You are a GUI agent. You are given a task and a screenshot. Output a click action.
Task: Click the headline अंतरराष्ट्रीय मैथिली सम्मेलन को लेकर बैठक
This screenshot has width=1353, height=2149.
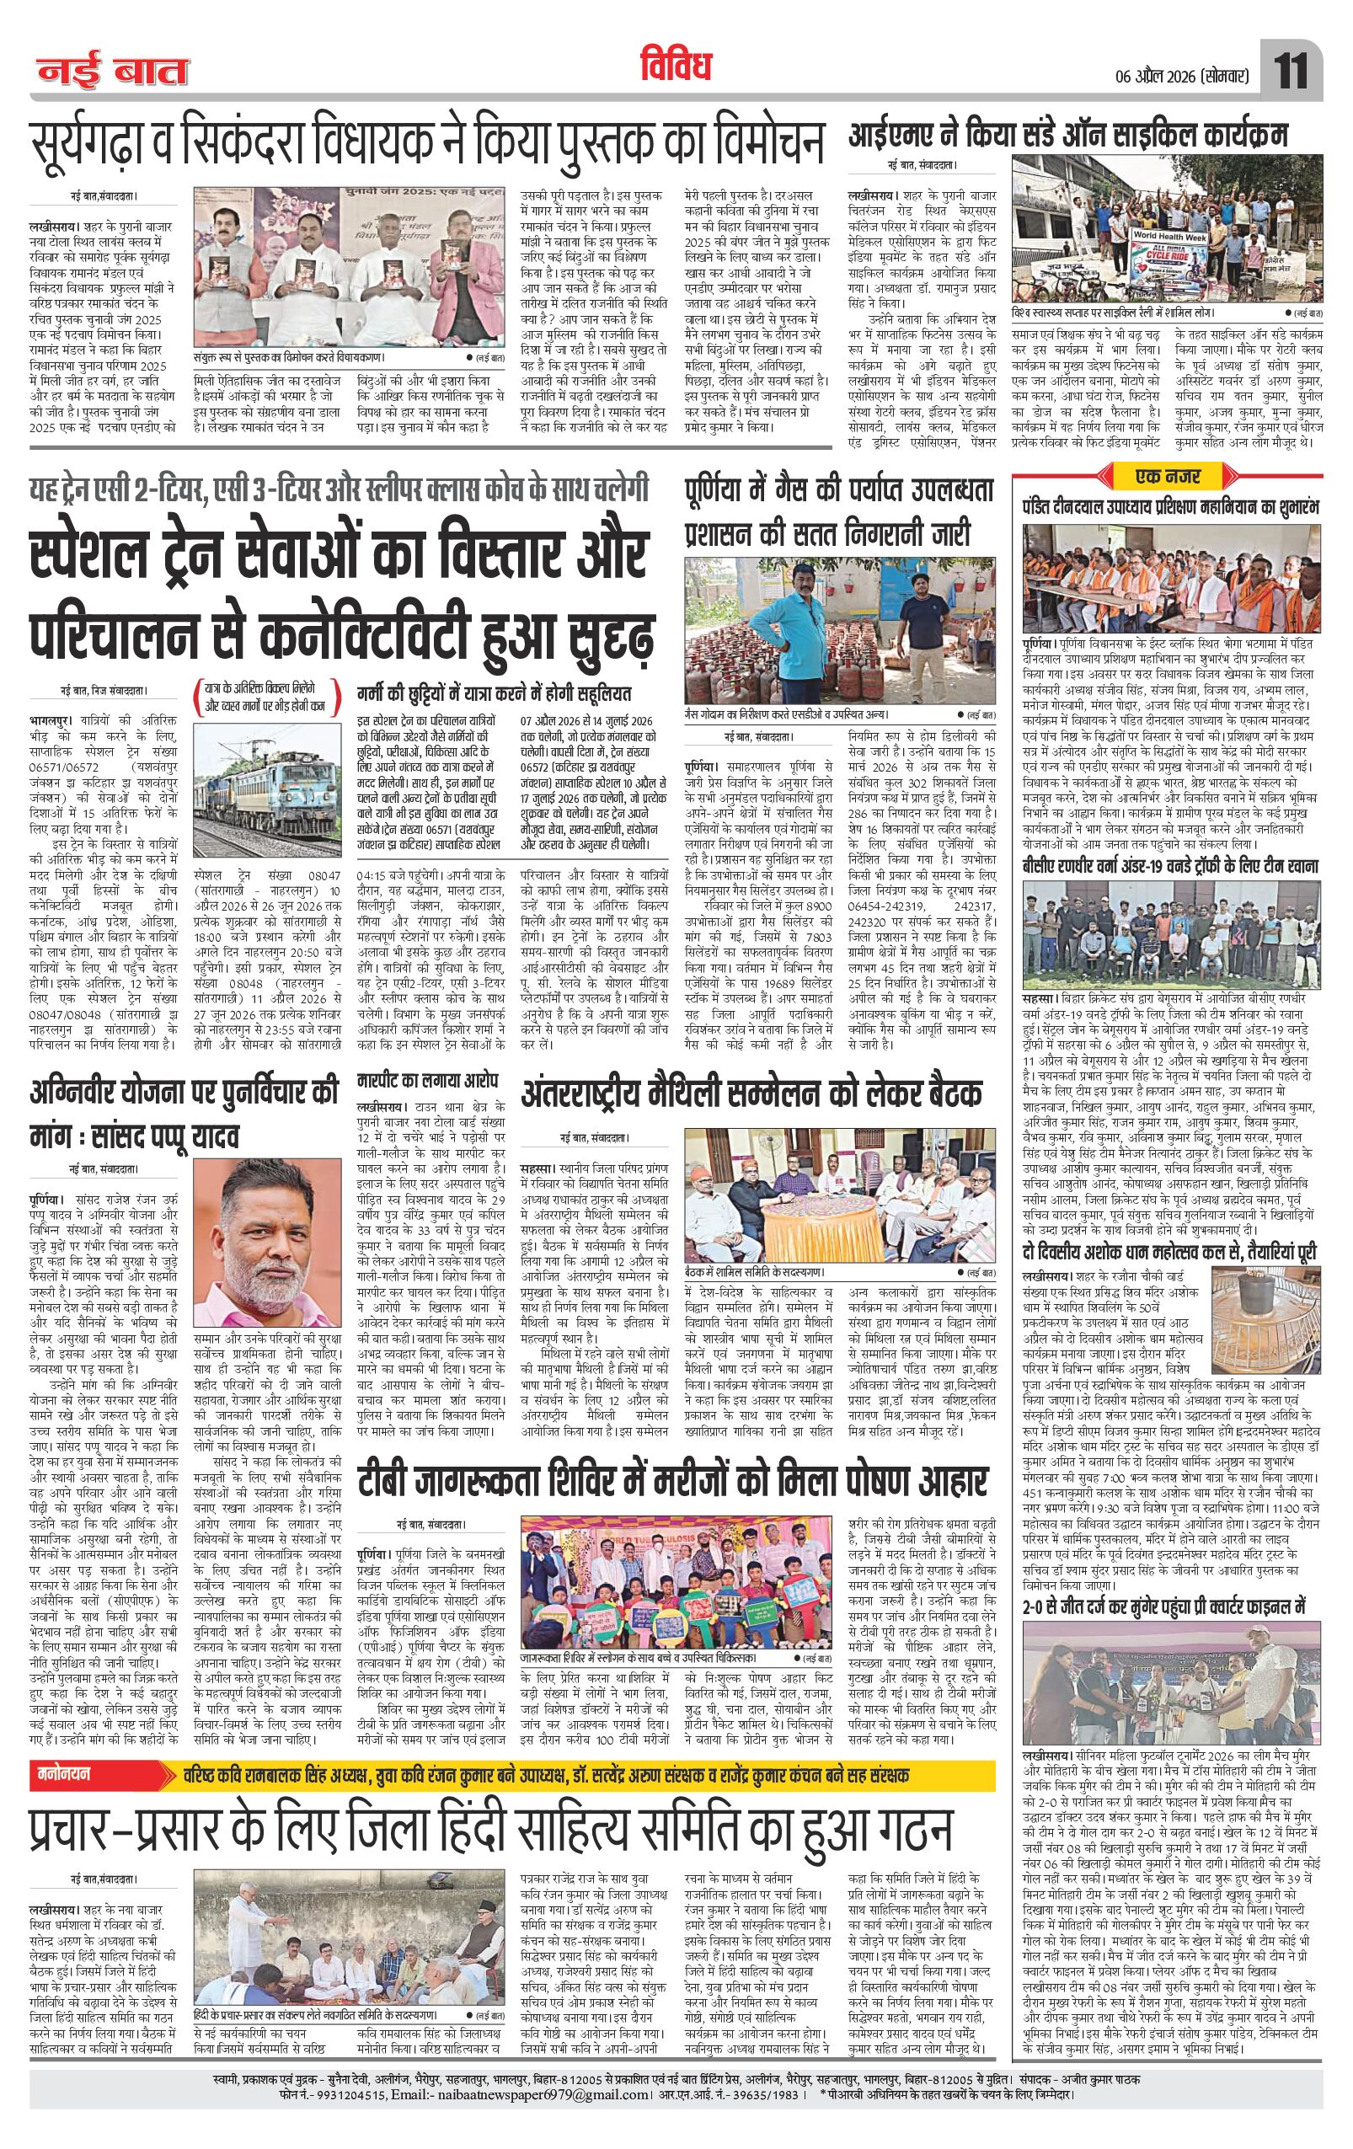[751, 1094]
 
